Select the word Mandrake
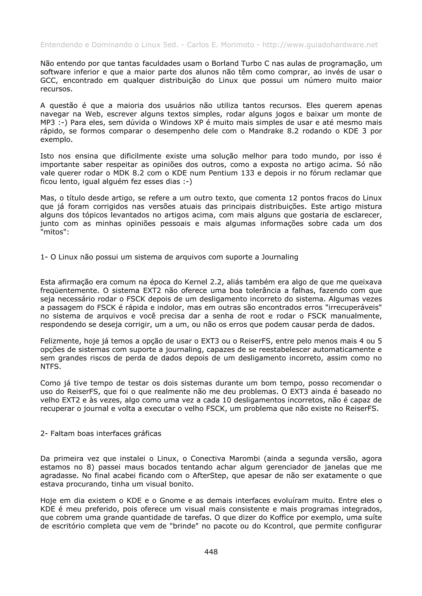(266, 131)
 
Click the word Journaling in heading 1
(280, 257)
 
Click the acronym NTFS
(50, 367)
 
